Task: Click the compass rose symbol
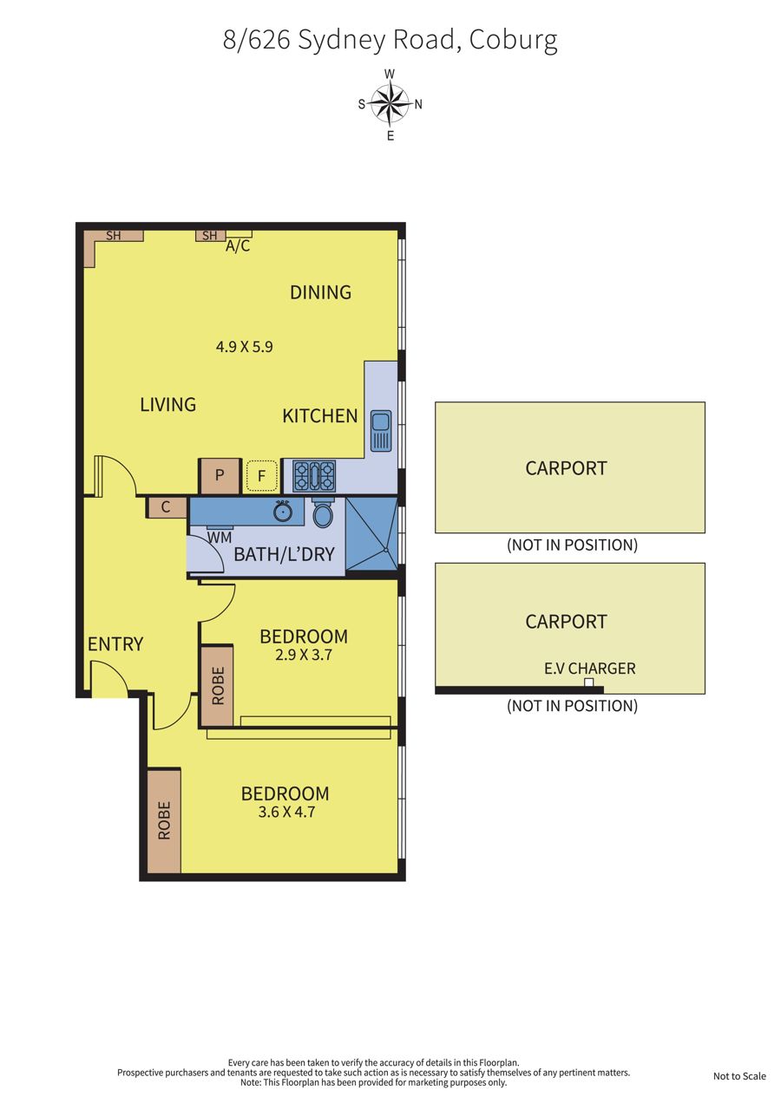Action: [390, 104]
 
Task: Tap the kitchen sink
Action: [381, 430]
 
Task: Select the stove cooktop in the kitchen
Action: [314, 476]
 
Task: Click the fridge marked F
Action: [262, 476]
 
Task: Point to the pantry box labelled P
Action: [220, 475]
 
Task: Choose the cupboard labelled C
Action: [166, 507]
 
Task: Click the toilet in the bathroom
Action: [323, 512]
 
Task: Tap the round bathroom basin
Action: [283, 511]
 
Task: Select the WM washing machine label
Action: [220, 538]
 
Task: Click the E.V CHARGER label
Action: [589, 669]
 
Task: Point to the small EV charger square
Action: [588, 682]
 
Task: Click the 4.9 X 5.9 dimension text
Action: [245, 347]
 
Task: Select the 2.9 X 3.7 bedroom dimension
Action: [304, 655]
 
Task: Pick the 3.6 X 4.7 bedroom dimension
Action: [286, 812]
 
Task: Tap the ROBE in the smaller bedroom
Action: [217, 685]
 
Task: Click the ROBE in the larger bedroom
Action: [164, 819]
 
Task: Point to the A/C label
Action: [238, 245]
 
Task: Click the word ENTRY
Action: [115, 644]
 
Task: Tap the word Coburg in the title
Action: [513, 40]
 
